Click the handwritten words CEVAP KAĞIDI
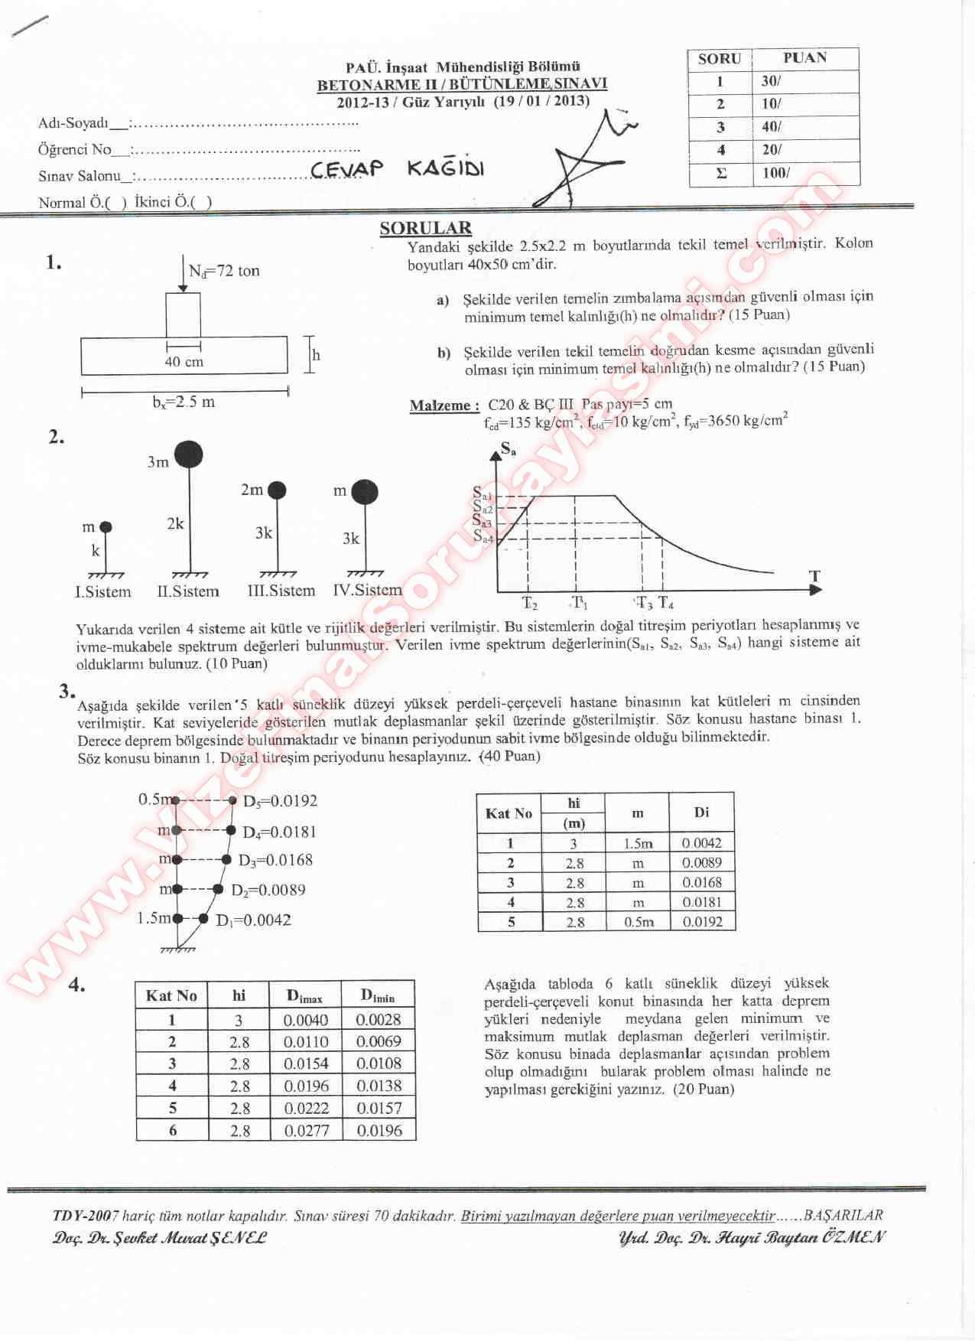point(397,169)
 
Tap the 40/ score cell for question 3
point(772,127)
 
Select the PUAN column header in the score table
point(804,58)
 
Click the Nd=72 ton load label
point(224,271)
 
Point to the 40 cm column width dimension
point(184,362)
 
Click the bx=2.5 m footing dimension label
point(184,402)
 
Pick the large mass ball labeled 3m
point(188,454)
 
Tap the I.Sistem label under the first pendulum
point(103,591)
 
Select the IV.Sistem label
point(367,590)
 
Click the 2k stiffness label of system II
point(175,524)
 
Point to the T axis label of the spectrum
point(814,576)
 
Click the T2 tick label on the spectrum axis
point(529,602)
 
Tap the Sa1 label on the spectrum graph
point(482,493)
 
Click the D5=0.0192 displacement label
point(279,801)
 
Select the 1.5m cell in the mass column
point(638,843)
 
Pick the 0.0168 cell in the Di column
point(701,882)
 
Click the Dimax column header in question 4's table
point(304,995)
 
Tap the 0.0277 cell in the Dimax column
point(306,1130)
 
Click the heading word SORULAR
point(426,228)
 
